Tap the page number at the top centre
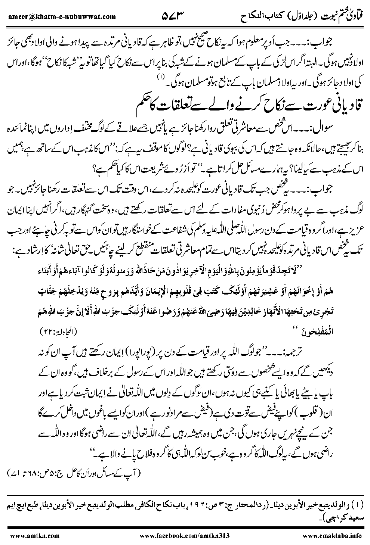click(174, 16)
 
